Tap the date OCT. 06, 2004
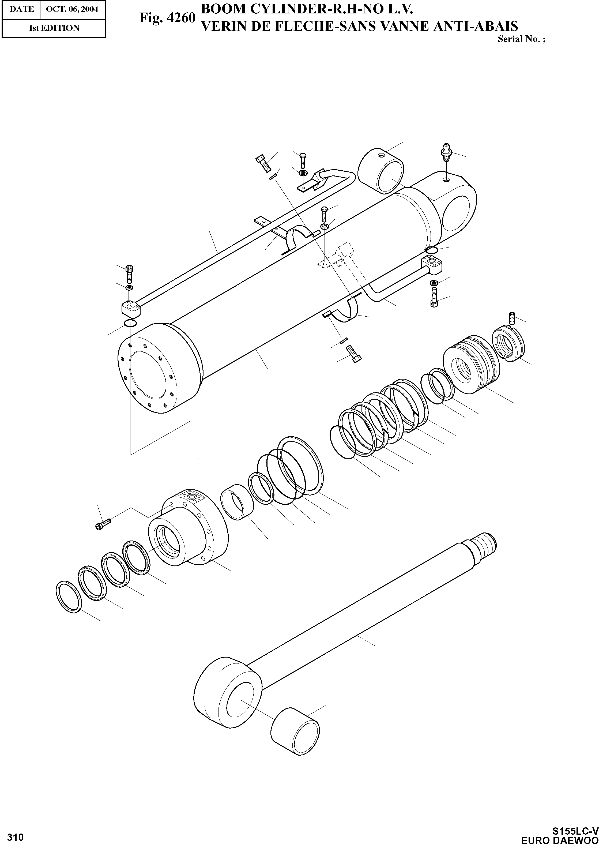[72, 9]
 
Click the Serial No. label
[521, 39]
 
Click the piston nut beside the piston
[508, 345]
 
